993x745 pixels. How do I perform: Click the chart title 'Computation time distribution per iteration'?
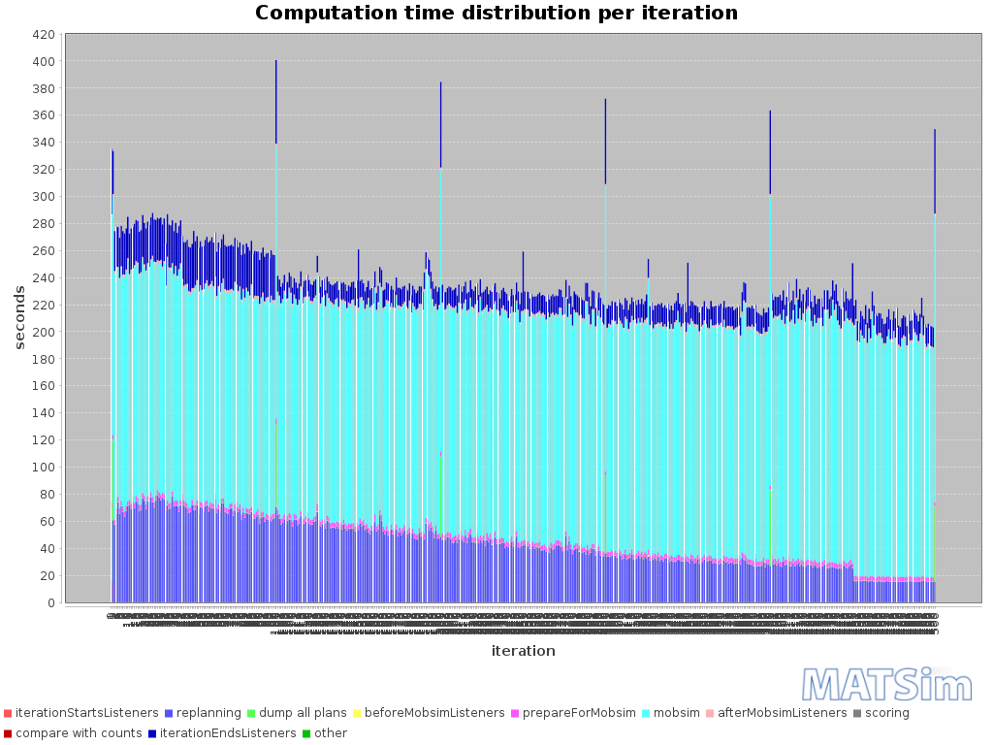[496, 14]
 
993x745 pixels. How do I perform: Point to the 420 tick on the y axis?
[44, 34]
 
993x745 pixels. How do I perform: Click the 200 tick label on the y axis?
[44, 332]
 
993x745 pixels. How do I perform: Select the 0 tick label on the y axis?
[50, 602]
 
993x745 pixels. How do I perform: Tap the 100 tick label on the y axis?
[44, 467]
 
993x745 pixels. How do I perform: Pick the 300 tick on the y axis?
[44, 196]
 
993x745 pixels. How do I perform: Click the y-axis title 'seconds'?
[18, 317]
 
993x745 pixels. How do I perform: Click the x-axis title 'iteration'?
[523, 651]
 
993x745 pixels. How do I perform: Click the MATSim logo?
[886, 684]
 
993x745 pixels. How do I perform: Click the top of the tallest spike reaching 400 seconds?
[276, 61]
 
